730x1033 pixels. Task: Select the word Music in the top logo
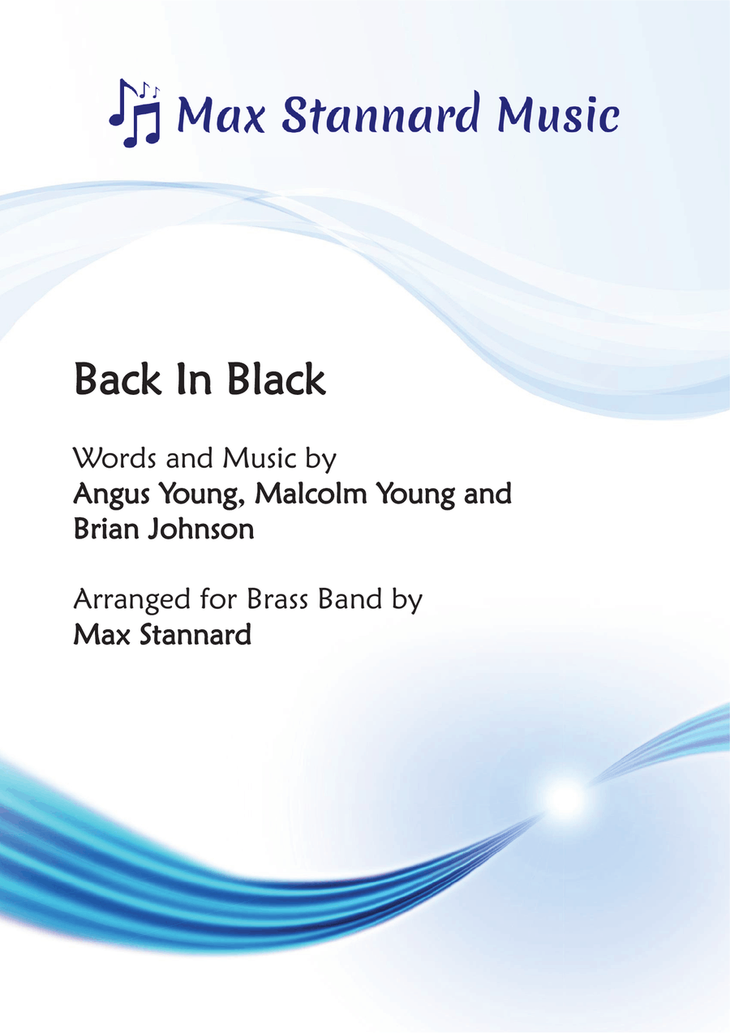(559, 114)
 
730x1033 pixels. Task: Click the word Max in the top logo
(220, 114)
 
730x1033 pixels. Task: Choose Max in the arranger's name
(97, 635)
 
